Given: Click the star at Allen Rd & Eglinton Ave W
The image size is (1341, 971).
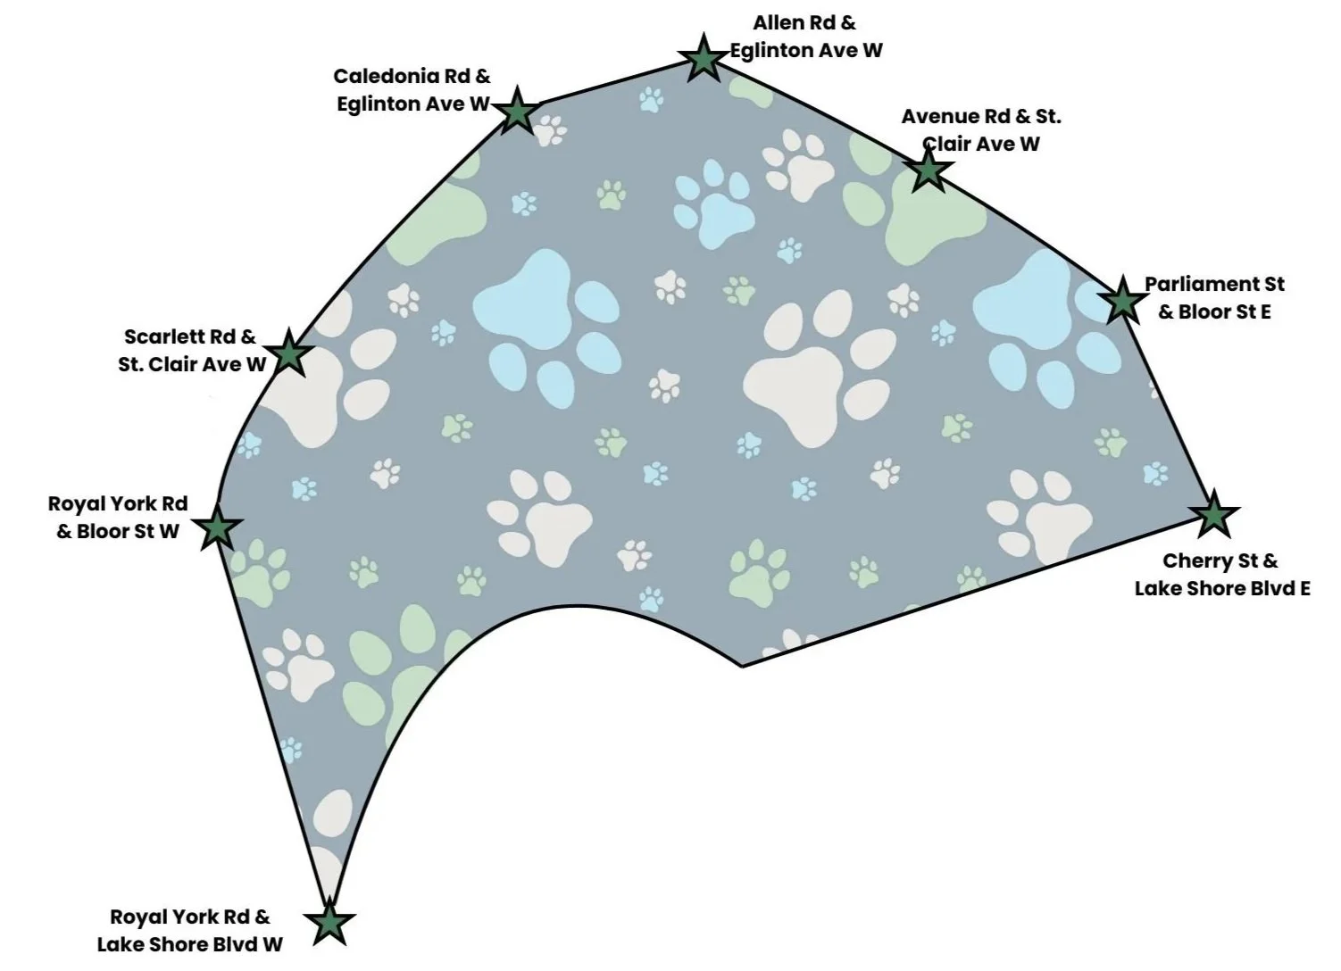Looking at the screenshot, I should click(704, 59).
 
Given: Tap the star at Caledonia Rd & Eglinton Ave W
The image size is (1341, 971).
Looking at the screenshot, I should click(516, 112).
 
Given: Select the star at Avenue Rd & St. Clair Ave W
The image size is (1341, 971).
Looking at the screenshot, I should click(929, 170).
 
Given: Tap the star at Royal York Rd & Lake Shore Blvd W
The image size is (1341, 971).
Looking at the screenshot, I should click(329, 923).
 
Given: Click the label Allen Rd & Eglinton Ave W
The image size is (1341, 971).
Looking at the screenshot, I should click(805, 37).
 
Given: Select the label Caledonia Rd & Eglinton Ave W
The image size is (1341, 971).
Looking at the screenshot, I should click(412, 90).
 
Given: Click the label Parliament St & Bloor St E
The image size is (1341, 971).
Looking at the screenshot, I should click(1214, 298).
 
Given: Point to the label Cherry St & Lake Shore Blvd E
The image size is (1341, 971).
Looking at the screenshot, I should click(1221, 575).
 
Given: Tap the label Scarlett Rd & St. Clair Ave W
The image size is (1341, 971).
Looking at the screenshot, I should click(192, 351).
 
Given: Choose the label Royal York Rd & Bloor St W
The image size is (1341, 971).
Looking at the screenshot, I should click(118, 518).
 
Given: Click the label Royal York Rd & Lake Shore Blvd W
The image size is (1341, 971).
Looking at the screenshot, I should click(189, 930).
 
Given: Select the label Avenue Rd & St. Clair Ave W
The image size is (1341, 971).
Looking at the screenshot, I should click(980, 130).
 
